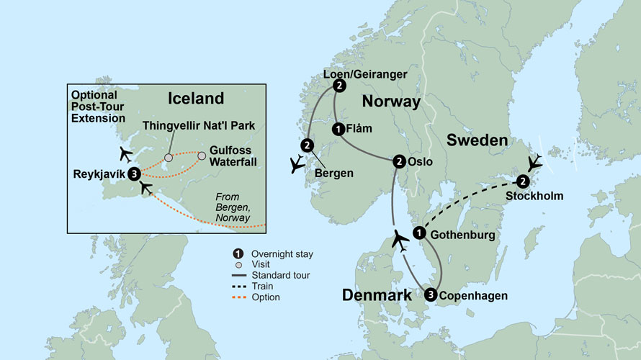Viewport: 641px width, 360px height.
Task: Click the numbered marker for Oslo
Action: [399, 162]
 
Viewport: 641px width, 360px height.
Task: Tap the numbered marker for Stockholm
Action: [523, 181]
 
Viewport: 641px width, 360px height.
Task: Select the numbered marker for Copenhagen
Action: [431, 294]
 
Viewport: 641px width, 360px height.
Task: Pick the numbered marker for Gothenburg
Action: [418, 233]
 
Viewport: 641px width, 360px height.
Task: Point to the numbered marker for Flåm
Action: [339, 130]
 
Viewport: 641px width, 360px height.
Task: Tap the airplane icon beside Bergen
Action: [296, 166]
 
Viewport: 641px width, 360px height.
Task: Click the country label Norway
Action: [391, 102]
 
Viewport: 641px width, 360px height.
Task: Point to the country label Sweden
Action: [477, 140]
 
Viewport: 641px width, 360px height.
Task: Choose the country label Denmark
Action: [377, 295]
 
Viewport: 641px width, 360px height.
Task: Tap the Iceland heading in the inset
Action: [195, 99]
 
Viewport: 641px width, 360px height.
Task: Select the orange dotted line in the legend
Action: [239, 297]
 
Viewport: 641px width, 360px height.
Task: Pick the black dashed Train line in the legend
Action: [239, 287]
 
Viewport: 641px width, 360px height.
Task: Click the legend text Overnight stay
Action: [282, 253]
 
